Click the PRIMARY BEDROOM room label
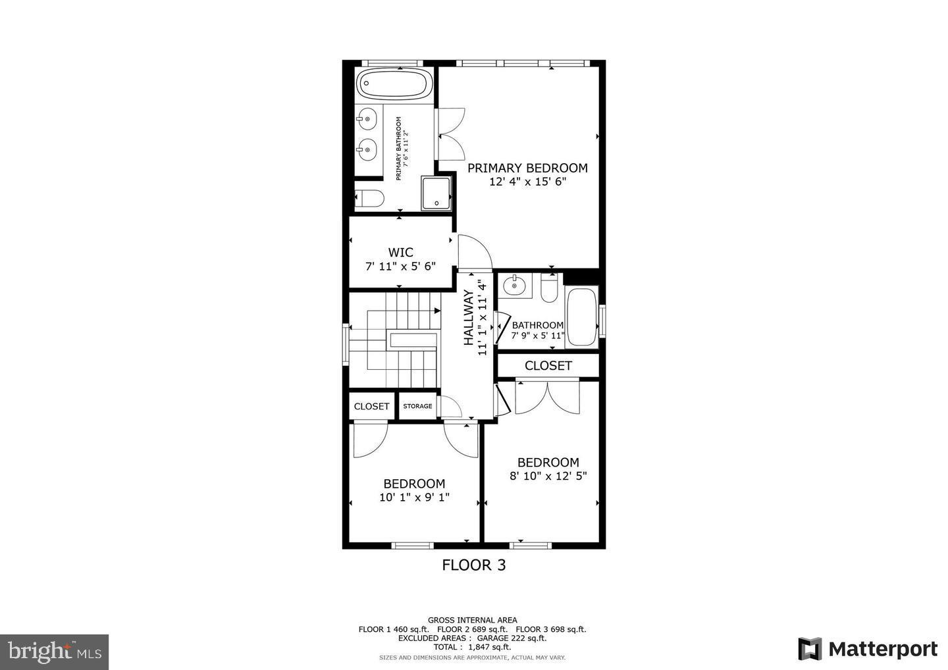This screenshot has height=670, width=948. (527, 168)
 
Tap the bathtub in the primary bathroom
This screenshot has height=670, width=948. (394, 84)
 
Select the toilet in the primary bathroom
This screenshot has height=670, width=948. (369, 198)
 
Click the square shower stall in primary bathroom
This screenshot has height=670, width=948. (436, 193)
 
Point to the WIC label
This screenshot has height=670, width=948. (400, 252)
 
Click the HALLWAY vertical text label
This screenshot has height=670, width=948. (469, 318)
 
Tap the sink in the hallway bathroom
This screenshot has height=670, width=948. (513, 286)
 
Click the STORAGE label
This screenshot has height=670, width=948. (417, 406)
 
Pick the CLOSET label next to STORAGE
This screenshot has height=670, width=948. (371, 406)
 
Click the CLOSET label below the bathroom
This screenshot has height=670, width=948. (548, 365)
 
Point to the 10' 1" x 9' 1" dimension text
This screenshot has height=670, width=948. (414, 498)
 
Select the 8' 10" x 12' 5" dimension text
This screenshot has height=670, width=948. (548, 476)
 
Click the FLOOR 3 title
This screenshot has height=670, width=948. (473, 565)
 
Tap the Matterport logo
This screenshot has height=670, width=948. (867, 649)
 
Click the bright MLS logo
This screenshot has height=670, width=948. (54, 652)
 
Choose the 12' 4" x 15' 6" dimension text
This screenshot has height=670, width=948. (527, 182)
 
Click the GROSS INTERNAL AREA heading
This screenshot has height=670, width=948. (472, 620)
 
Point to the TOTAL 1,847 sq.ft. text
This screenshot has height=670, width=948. (472, 648)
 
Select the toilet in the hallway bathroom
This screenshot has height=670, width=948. (548, 288)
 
